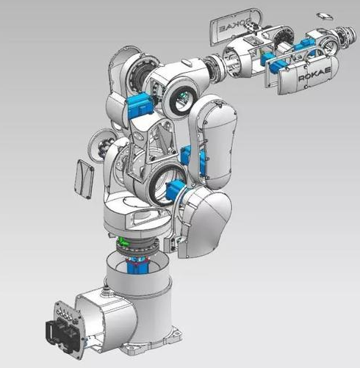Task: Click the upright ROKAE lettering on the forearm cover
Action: (314, 74)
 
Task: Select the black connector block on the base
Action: (62, 339)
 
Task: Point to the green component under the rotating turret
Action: (123, 242)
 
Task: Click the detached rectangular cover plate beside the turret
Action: (83, 179)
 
